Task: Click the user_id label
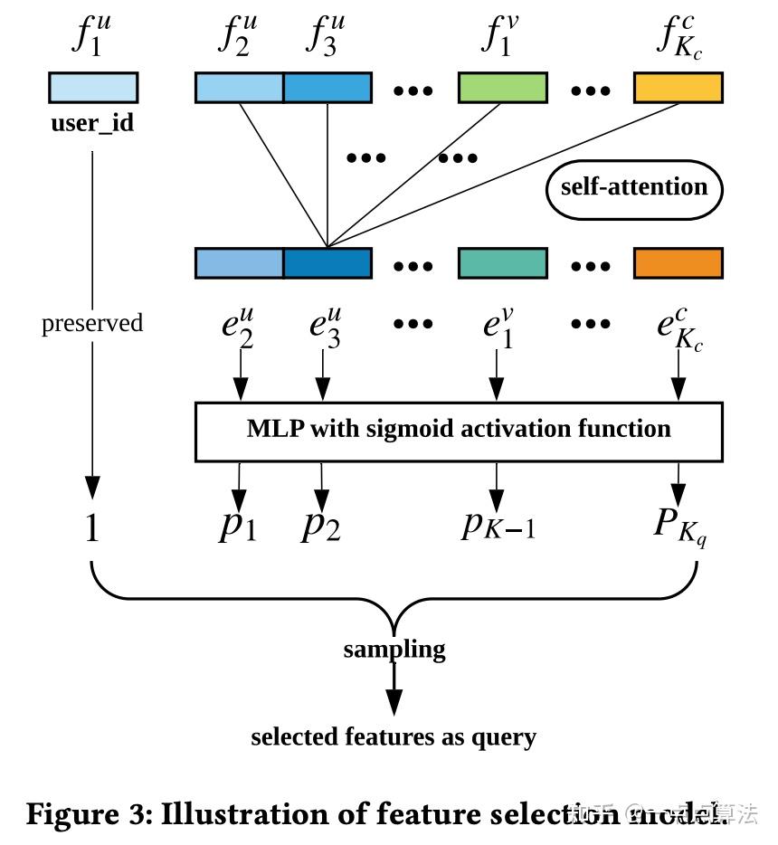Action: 92,123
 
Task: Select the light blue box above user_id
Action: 92,88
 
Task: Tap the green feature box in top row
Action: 503,88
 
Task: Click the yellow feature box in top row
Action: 678,88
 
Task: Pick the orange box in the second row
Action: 678,263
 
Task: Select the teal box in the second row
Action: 503,263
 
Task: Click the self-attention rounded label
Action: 634,189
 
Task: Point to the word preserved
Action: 92,323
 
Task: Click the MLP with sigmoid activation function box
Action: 459,431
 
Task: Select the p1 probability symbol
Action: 238,526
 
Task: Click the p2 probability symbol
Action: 321,526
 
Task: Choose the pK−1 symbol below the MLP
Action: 498,524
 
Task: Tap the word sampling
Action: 394,649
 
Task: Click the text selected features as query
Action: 394,736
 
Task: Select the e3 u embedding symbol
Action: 325,323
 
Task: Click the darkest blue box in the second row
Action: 327,263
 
